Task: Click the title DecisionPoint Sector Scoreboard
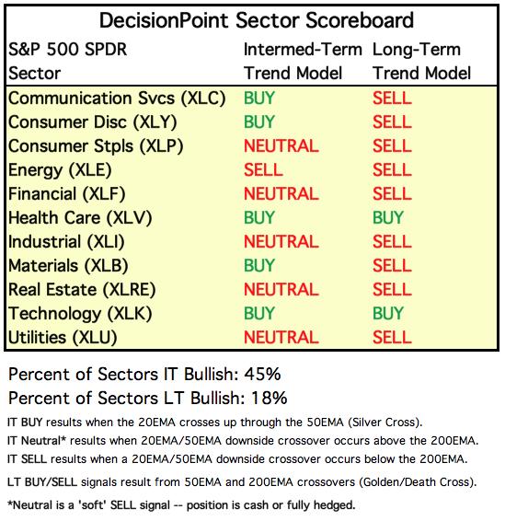click(x=257, y=20)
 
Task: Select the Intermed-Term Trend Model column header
click(x=303, y=62)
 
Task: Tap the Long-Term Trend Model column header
click(x=421, y=62)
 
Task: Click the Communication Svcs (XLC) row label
click(x=117, y=98)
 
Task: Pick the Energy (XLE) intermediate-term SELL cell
click(x=263, y=169)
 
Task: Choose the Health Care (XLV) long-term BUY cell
click(x=388, y=217)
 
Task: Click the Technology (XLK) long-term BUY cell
click(x=388, y=313)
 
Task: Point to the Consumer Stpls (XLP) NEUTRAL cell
click(x=281, y=145)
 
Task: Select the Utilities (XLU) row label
click(x=63, y=338)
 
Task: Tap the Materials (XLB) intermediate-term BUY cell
click(x=259, y=265)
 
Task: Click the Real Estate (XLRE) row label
click(x=82, y=290)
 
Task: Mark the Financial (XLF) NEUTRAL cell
click(x=281, y=193)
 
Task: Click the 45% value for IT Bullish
click(x=262, y=374)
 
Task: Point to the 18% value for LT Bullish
click(x=269, y=398)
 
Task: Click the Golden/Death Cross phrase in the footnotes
click(x=418, y=481)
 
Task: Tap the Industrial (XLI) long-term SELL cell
click(x=392, y=241)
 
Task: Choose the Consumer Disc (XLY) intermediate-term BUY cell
click(x=259, y=122)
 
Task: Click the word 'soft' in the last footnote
click(x=92, y=505)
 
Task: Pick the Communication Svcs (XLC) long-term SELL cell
click(x=392, y=98)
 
